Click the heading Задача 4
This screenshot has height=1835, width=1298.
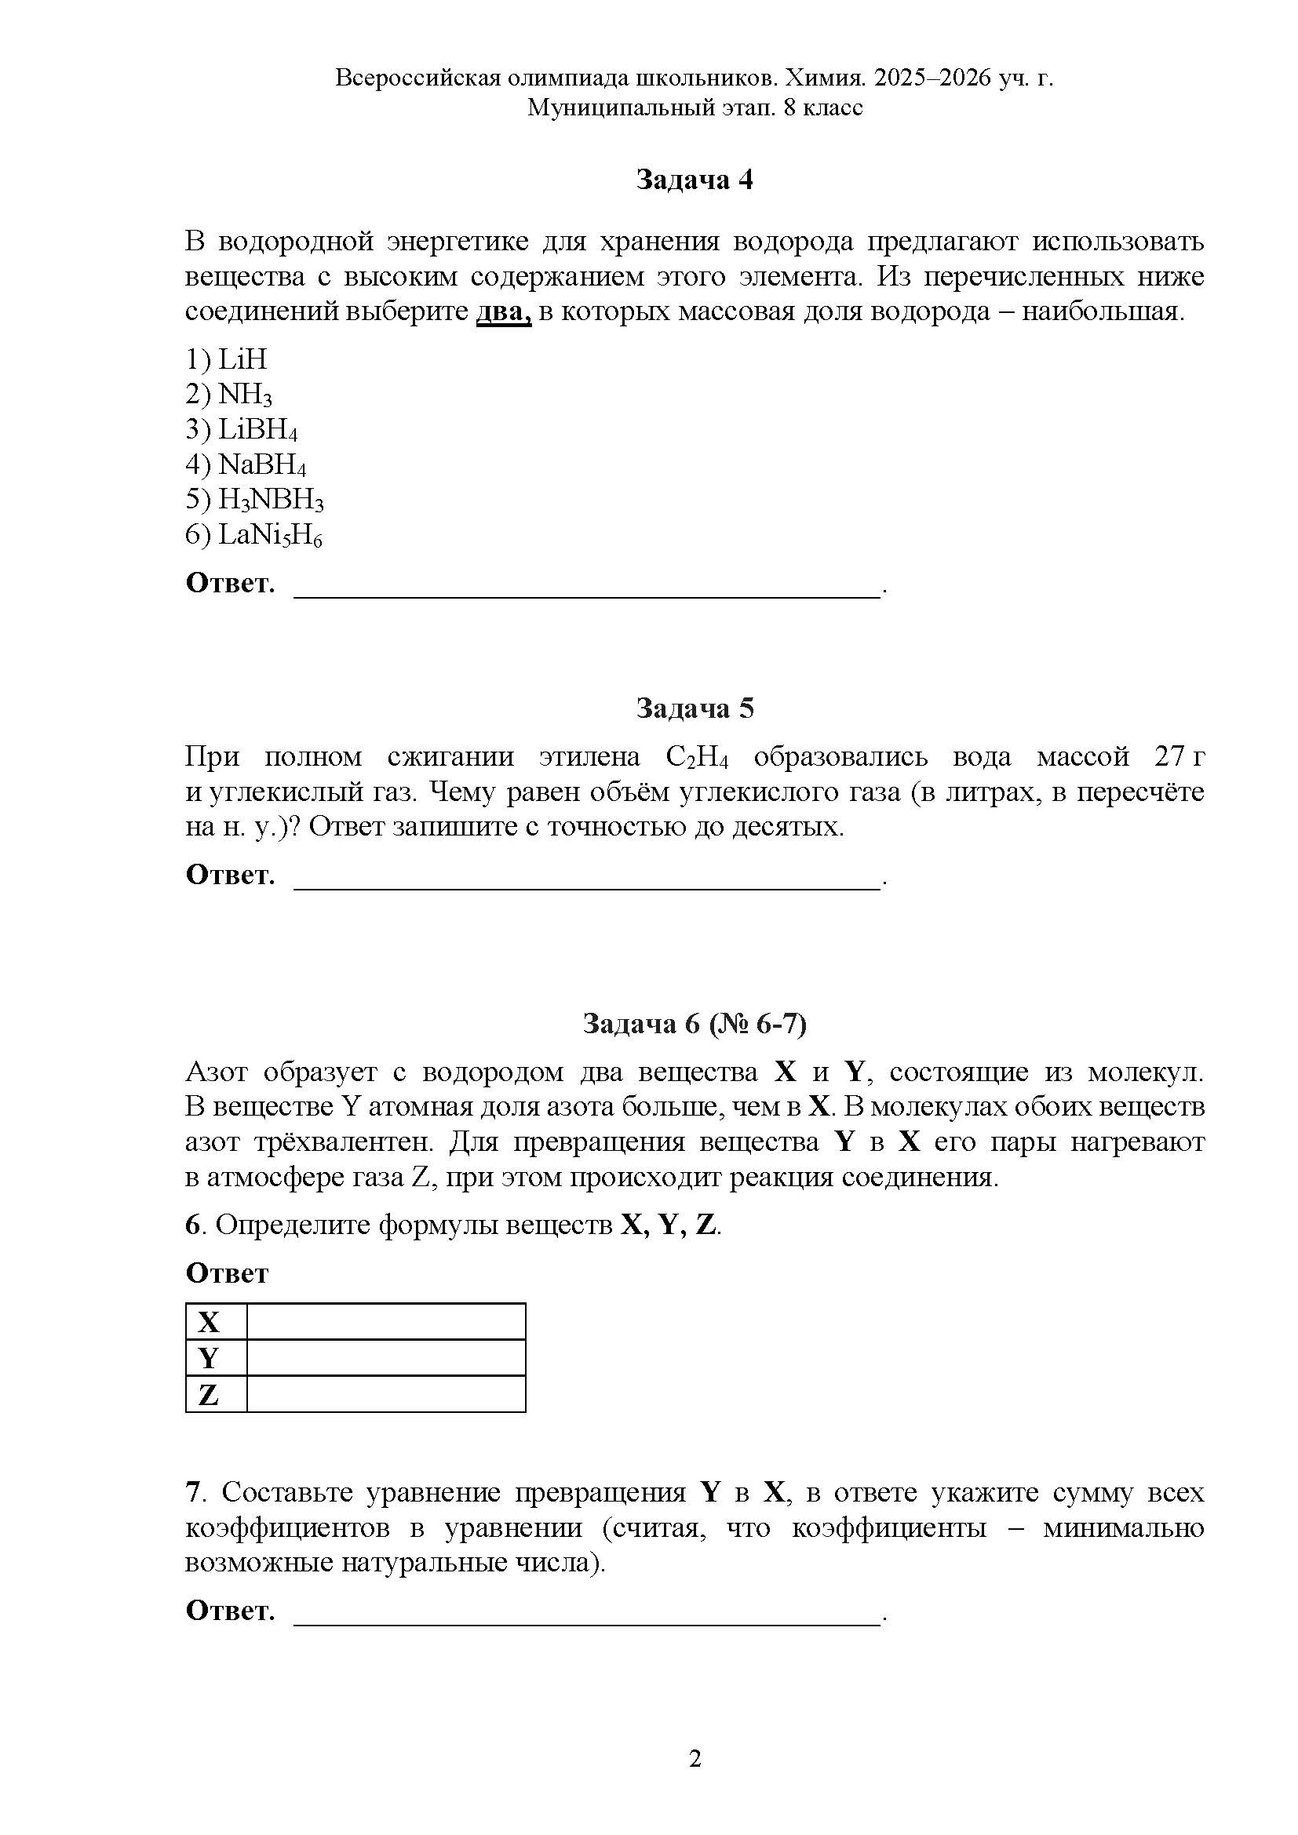coord(694,180)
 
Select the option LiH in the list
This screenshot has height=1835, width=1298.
coord(226,359)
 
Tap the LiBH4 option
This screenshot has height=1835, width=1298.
coord(242,430)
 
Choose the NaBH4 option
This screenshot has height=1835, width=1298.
coord(246,465)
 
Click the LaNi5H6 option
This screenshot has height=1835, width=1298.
coord(253,536)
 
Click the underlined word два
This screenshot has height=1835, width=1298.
coord(504,311)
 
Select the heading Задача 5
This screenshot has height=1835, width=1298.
coord(694,708)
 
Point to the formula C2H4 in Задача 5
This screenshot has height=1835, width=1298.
coord(696,757)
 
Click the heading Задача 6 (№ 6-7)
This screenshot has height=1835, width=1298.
coord(694,1024)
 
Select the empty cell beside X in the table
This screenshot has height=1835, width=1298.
coord(385,1322)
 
